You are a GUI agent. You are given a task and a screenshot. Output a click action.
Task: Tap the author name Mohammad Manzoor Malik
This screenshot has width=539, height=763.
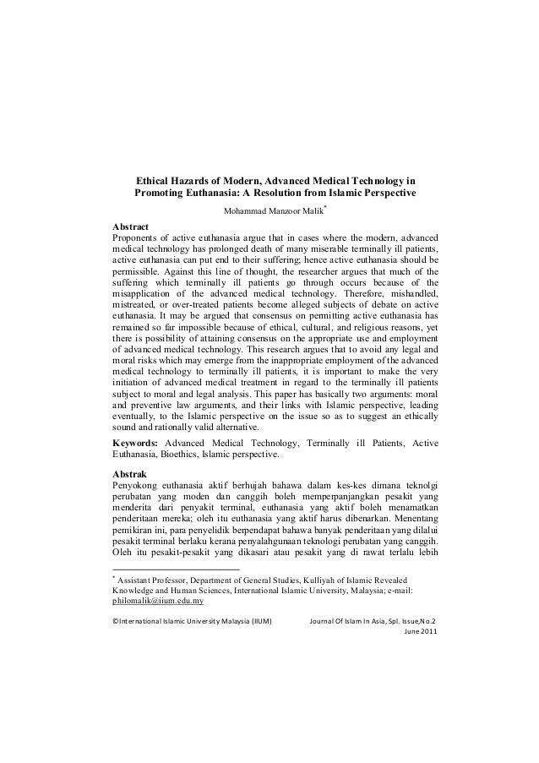270,211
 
